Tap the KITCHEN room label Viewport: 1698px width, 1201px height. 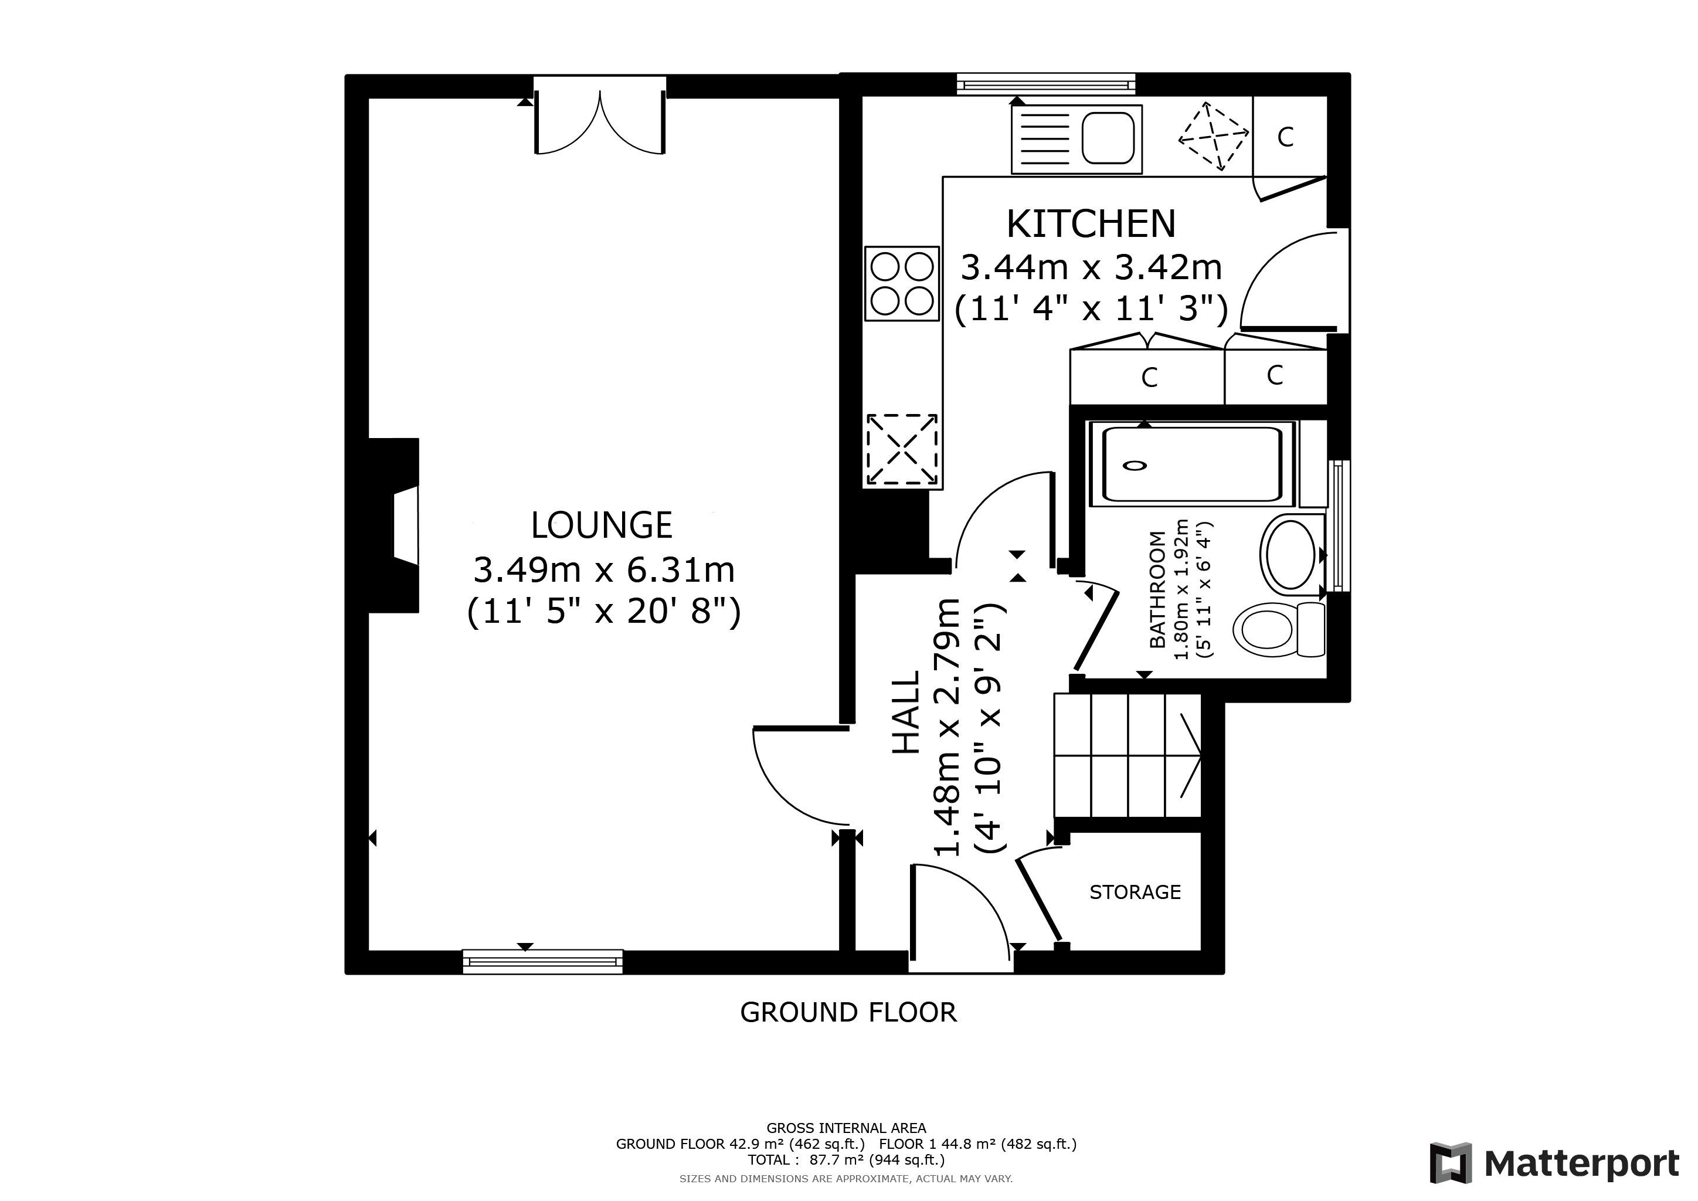pyautogui.click(x=1091, y=224)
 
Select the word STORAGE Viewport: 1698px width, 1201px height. pyautogui.click(x=1135, y=893)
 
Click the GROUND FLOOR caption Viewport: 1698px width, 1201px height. pyautogui.click(x=848, y=1012)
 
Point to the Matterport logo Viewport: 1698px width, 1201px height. pyautogui.click(x=1554, y=1164)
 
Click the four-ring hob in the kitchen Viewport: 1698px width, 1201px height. pyautogui.click(x=902, y=283)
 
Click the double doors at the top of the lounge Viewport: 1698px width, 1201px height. pyautogui.click(x=600, y=118)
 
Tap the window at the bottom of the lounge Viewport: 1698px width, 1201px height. pyautogui.click(x=542, y=961)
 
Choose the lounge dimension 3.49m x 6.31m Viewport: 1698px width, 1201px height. pyautogui.click(x=603, y=570)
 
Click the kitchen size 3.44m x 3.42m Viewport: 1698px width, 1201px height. pyautogui.click(x=1091, y=268)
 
